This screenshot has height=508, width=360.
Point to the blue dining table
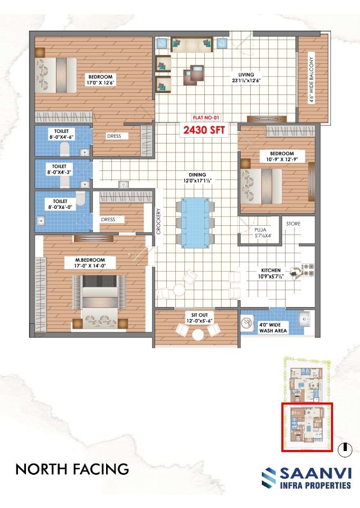click(x=195, y=221)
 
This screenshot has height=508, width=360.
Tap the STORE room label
click(x=293, y=224)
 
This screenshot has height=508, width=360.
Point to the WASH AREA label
click(x=272, y=327)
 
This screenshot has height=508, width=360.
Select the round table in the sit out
click(x=199, y=334)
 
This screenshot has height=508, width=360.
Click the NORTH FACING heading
click(x=72, y=468)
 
